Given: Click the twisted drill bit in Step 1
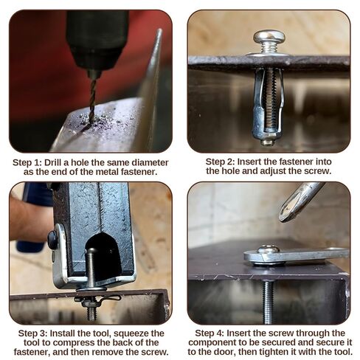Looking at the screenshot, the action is click(x=93, y=98).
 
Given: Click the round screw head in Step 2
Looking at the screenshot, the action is click(x=269, y=38).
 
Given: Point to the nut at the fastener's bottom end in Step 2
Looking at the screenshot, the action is click(x=268, y=142).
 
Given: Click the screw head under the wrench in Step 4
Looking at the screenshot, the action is click(x=268, y=249).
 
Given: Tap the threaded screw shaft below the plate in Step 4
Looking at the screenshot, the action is click(x=268, y=302).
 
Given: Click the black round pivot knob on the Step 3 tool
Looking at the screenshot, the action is click(x=52, y=239).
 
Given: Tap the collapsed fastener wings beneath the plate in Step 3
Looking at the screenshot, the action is click(x=97, y=300).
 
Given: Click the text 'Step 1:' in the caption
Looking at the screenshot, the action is click(x=27, y=163).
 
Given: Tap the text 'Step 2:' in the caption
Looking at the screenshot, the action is click(x=221, y=162).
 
